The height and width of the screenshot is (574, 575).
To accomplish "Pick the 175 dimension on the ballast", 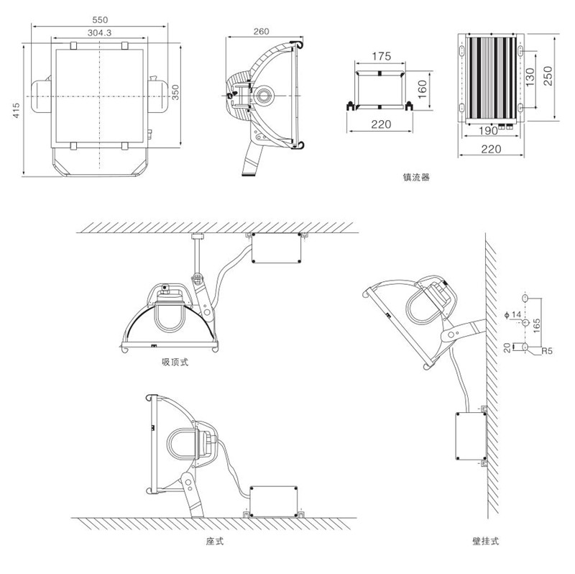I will click(x=381, y=56).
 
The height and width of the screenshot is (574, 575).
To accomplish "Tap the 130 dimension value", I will click(x=530, y=77).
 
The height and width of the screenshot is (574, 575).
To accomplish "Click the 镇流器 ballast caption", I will click(x=417, y=176).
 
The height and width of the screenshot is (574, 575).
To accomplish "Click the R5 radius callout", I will click(x=547, y=352).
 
